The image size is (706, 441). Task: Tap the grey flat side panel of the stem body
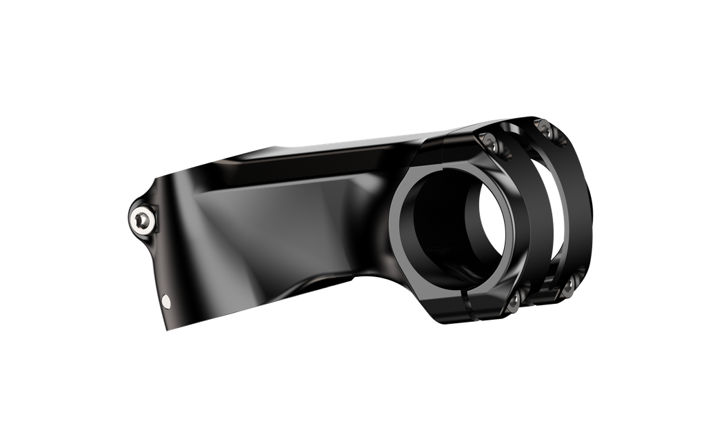(x=276, y=227)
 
